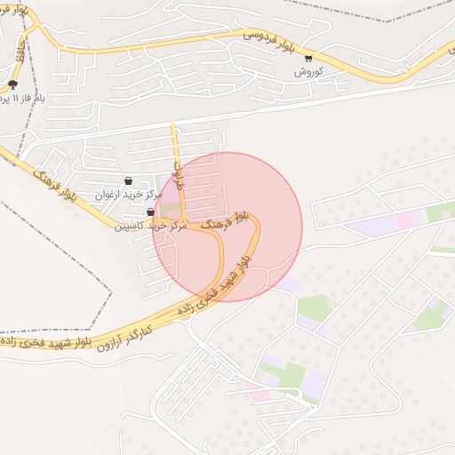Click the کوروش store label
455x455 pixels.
pos(307,70)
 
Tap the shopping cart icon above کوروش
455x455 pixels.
pos(307,58)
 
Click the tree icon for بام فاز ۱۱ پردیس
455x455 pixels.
pos(12,84)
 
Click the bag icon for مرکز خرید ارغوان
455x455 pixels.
pos(129,180)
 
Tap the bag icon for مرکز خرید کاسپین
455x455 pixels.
pos(149,212)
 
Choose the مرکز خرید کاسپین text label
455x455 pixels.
pos(149,226)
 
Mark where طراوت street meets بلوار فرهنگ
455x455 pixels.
pos(183,219)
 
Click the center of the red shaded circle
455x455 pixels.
pos(227,227)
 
